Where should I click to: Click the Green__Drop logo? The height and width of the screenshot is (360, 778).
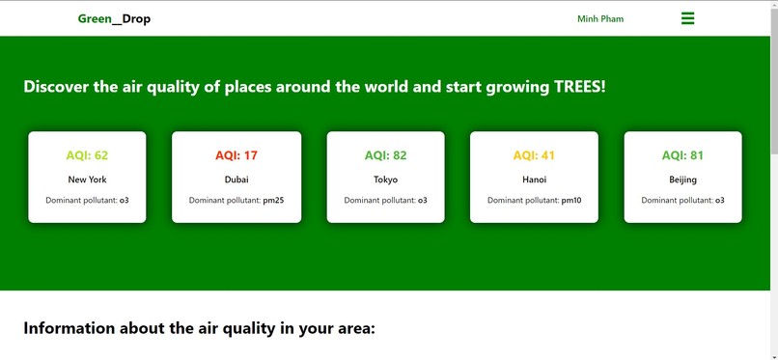tap(114, 19)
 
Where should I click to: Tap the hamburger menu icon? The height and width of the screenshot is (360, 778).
tap(687, 18)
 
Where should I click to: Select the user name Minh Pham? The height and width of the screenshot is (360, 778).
tap(599, 19)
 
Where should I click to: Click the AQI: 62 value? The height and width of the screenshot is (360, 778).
tap(87, 155)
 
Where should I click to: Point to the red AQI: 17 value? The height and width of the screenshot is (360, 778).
tap(236, 155)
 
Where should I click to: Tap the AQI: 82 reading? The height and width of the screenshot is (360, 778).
tap(385, 155)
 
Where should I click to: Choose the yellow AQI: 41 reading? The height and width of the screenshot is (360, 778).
tap(534, 155)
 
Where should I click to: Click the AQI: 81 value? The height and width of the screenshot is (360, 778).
tap(682, 155)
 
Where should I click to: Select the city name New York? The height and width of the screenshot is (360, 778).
tap(87, 180)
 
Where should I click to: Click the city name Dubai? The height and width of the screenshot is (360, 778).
tap(236, 180)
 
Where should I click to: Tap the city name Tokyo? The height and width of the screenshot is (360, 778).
tap(385, 180)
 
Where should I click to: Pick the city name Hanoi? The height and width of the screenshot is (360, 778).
tap(534, 180)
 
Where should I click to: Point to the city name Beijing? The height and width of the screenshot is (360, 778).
tap(682, 180)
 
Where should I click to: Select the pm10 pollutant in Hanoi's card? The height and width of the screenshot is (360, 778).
tap(570, 201)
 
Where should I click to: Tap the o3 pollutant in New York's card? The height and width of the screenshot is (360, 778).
tap(124, 201)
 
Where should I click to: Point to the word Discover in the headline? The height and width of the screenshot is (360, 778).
tap(56, 87)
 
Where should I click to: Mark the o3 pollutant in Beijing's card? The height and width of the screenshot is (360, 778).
tap(719, 201)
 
